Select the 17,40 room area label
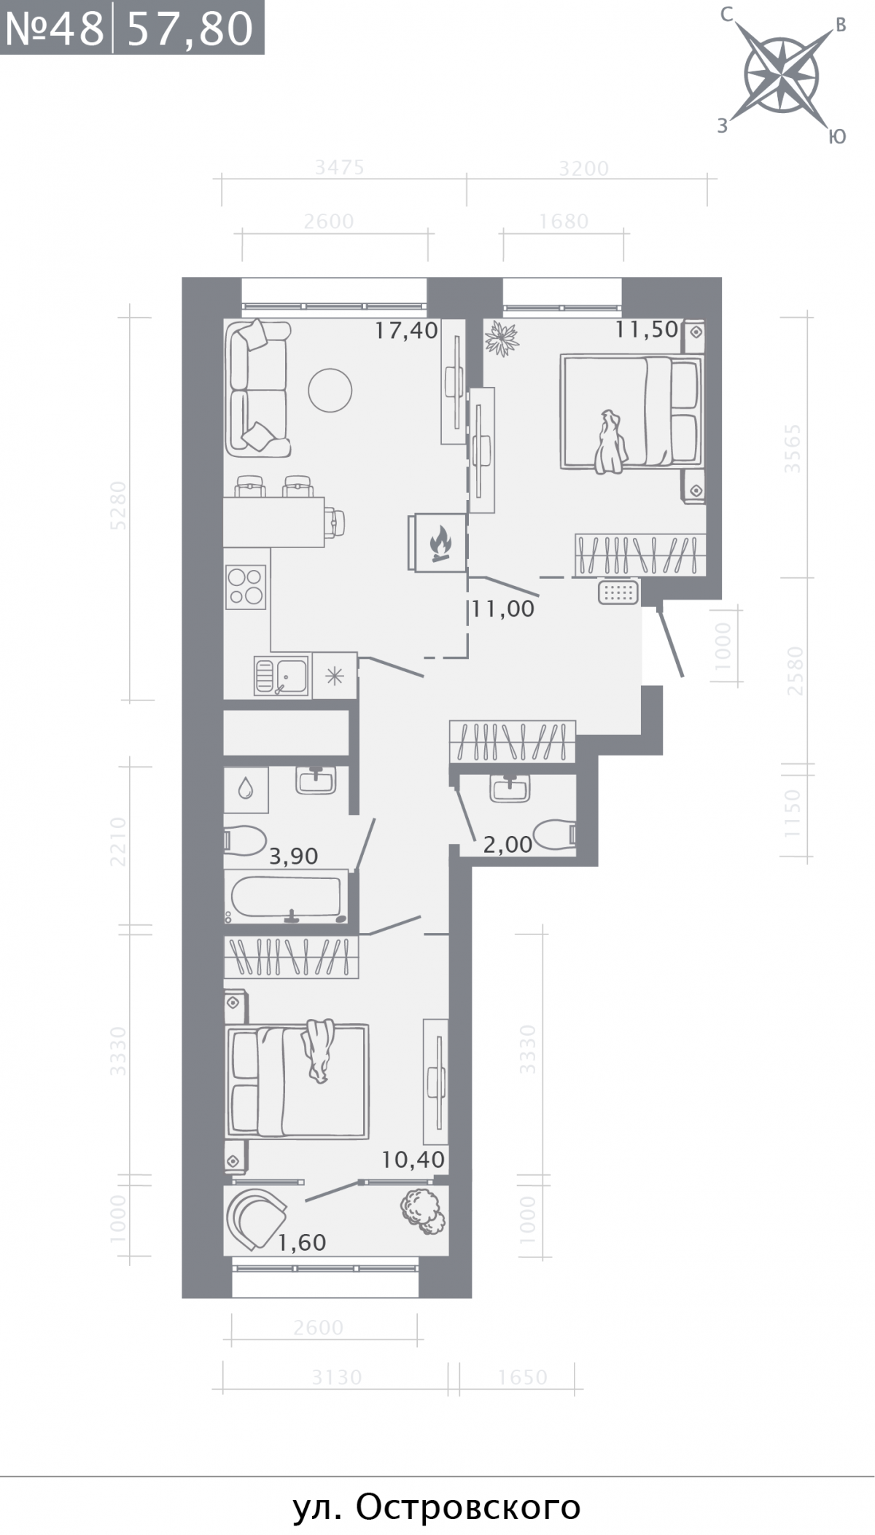click(406, 331)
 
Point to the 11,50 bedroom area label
click(647, 329)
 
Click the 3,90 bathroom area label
click(294, 856)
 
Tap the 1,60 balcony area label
click(302, 1242)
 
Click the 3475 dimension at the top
click(339, 168)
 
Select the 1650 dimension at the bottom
click(523, 1377)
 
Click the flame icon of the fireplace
click(440, 544)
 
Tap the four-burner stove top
click(246, 587)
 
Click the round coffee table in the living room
click(330, 391)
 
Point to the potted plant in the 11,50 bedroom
click(502, 338)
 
